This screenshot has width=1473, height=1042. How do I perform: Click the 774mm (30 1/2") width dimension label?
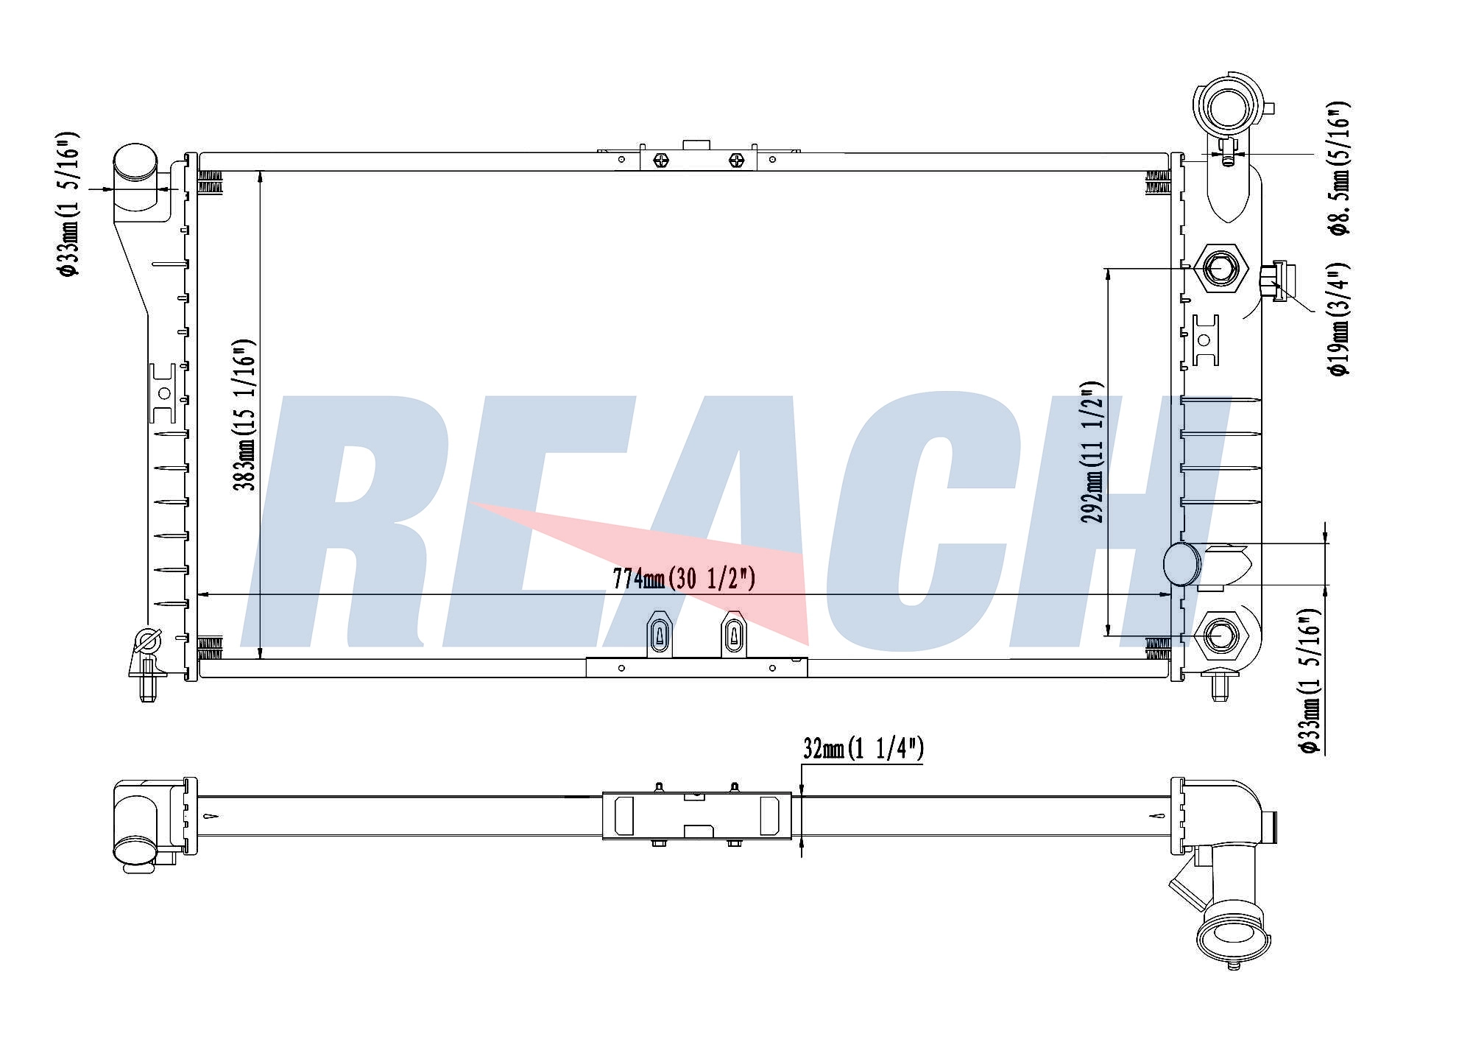tap(684, 580)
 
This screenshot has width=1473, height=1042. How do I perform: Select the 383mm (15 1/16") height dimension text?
tap(245, 415)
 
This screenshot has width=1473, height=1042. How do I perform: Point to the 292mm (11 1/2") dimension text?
tap(1092, 451)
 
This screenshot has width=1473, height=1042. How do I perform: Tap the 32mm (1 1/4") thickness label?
tap(863, 749)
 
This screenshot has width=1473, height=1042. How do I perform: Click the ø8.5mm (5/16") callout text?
tap(1339, 168)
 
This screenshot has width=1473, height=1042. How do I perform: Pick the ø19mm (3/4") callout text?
tap(1339, 318)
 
